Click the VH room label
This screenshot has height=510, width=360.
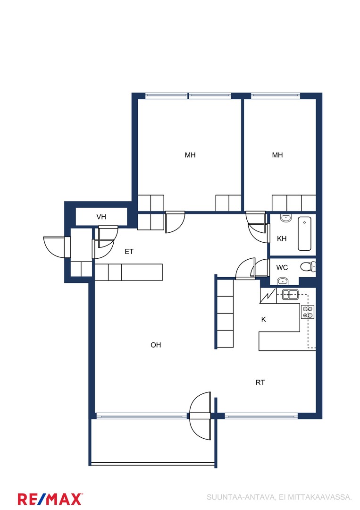click(x=101, y=217)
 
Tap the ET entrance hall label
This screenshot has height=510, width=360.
click(x=129, y=251)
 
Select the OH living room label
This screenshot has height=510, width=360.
click(x=156, y=345)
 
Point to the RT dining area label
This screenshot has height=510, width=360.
click(x=260, y=382)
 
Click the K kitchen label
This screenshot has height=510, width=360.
click(x=263, y=319)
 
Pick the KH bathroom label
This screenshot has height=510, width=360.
click(x=282, y=239)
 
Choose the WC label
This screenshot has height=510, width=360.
click(x=282, y=268)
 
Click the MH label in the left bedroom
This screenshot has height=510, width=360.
click(x=190, y=155)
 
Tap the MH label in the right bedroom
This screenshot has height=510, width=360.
click(x=277, y=155)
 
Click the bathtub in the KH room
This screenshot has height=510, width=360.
click(x=304, y=234)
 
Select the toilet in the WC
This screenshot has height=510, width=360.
click(x=307, y=267)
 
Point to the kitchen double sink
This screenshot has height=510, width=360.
click(x=290, y=294)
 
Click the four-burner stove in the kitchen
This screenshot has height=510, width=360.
click(x=307, y=312)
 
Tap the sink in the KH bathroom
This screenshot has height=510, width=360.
click(x=286, y=218)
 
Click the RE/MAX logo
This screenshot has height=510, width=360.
click(x=50, y=499)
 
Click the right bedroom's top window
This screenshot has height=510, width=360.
click(x=275, y=95)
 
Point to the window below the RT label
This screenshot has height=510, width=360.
click(x=261, y=416)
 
